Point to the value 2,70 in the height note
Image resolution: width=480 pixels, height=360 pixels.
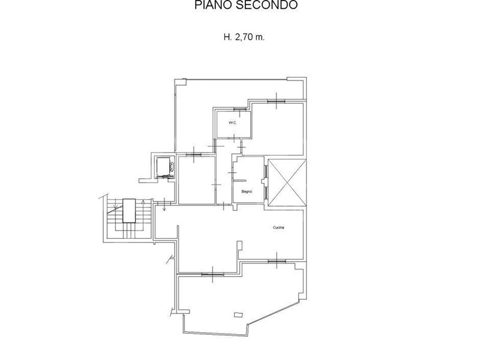[244, 37]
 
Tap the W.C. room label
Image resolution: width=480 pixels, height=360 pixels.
[232, 123]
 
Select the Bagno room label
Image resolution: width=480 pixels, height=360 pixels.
[247, 191]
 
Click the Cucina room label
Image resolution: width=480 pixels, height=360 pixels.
[278, 227]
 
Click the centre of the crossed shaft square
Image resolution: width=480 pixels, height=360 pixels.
[287, 183]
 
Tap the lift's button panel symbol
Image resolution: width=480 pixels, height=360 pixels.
[172, 167]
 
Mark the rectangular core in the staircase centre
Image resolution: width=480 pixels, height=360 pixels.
[129, 211]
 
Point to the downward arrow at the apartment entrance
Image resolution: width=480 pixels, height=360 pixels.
[164, 204]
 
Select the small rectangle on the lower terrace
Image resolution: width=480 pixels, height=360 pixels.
[238, 314]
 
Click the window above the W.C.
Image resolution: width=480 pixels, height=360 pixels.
[239, 109]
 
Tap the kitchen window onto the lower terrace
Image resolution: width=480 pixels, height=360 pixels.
[277, 261]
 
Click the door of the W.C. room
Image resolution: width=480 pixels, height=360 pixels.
[234, 139]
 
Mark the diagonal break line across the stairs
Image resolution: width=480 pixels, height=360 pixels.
[114, 209]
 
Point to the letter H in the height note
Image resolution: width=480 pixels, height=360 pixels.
[227, 37]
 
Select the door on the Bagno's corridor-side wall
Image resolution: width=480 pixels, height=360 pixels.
[233, 173]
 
